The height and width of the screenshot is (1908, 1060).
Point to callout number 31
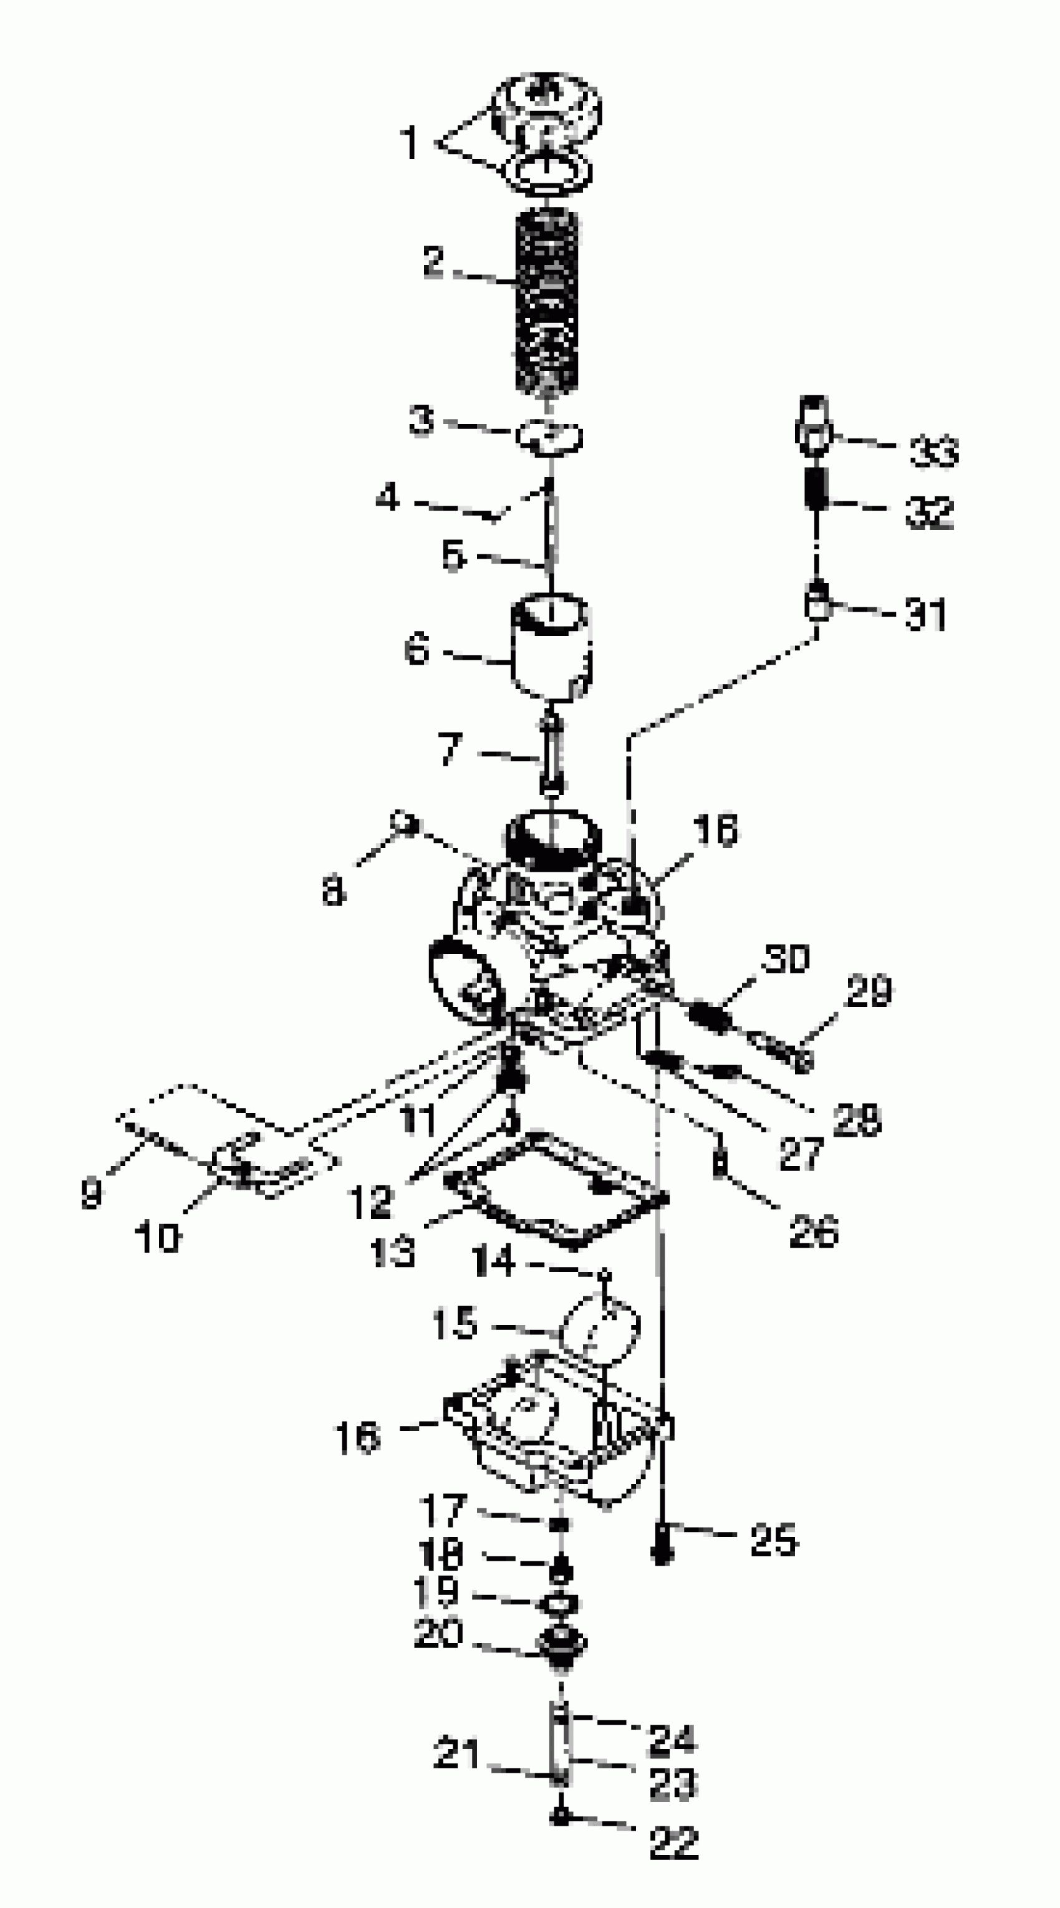point(926,614)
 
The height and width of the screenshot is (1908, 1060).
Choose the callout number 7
point(450,749)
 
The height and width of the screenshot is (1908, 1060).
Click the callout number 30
point(787,958)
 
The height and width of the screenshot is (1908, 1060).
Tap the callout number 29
point(869,991)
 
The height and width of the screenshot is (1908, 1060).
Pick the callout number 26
point(813,1231)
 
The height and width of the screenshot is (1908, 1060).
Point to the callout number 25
point(774,1541)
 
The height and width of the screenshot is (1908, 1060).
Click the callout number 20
point(438,1632)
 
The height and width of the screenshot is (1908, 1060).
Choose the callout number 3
point(422,421)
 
